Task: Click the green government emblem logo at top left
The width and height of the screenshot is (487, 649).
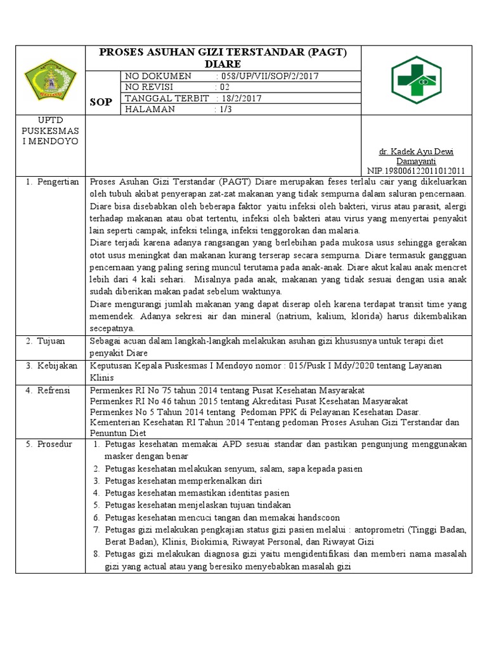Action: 50,80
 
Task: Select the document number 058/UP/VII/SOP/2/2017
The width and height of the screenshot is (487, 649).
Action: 269,76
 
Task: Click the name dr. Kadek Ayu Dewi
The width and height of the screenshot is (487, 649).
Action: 416,151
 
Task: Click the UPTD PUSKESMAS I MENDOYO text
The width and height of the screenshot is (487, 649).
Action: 50,130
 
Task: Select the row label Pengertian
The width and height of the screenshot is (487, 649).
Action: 56,182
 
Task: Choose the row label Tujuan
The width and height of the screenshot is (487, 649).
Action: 49,341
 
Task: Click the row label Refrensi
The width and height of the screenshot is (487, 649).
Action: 54,390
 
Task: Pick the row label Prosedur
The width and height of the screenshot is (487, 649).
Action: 55,444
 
